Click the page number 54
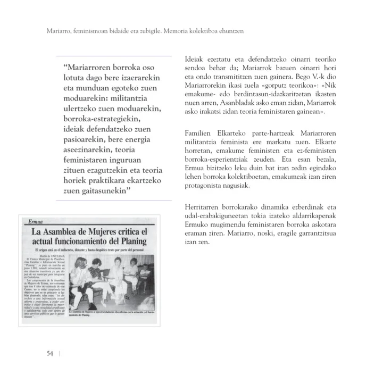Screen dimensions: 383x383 tap(49, 354)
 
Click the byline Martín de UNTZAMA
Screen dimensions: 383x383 tap(50, 255)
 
